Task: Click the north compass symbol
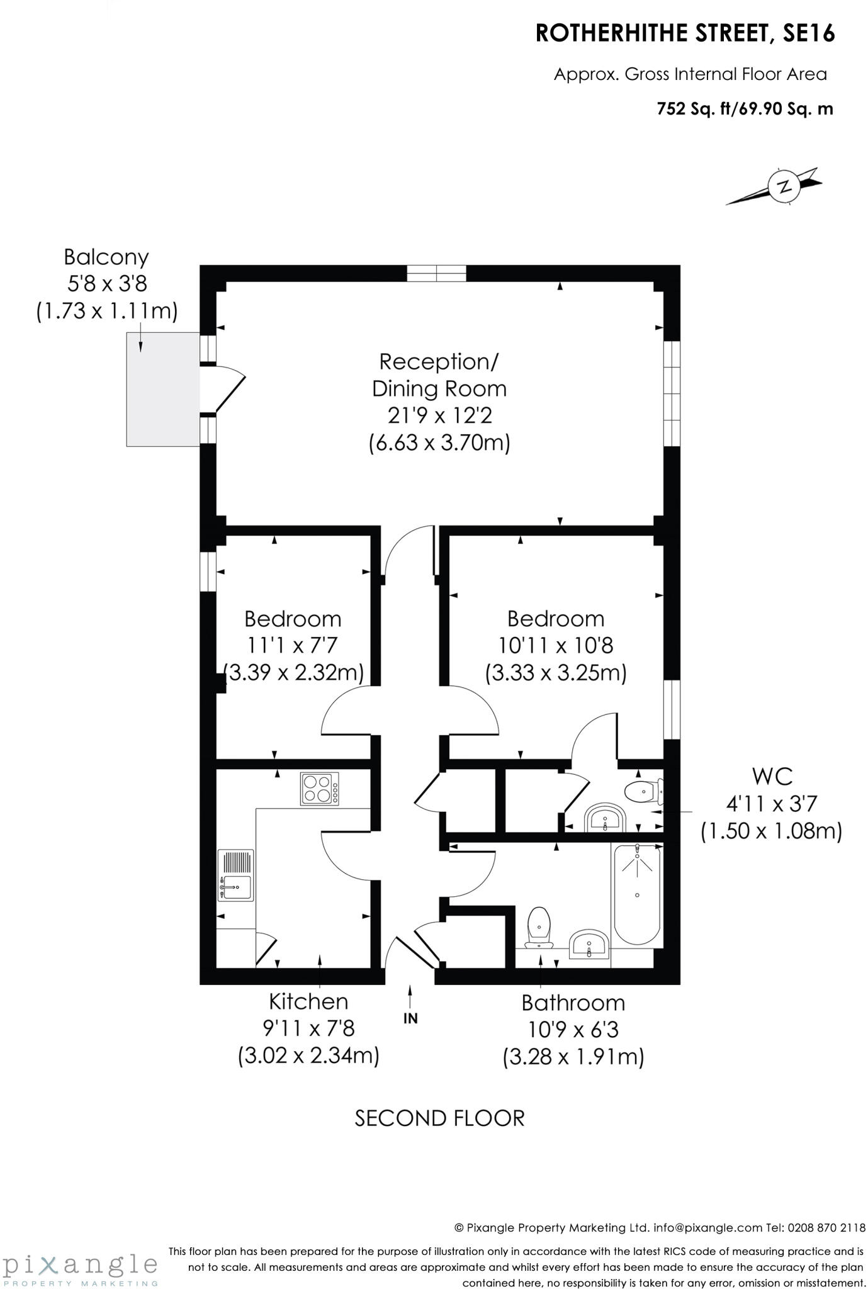point(784,186)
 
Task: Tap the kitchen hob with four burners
point(319,789)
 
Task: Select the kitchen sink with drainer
point(235,875)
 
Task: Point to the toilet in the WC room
point(643,791)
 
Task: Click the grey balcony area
point(163,389)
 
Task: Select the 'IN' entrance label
point(410,1018)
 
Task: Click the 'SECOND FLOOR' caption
point(439,1118)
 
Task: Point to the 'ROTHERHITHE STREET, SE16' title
point(685,33)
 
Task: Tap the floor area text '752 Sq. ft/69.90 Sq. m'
point(745,109)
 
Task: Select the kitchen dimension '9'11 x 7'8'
point(308,1028)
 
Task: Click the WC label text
point(772,777)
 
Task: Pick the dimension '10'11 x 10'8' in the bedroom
point(556,645)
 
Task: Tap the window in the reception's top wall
point(436,273)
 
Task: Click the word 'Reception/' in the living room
point(439,362)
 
